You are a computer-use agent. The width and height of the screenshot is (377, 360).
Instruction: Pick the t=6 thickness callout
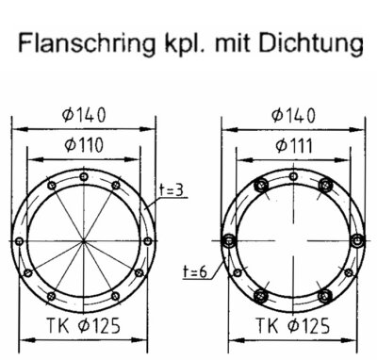[x=194, y=270]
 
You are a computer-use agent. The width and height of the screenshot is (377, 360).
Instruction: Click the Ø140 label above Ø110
[x=83, y=115]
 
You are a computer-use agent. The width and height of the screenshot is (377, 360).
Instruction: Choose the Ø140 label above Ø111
[x=292, y=115]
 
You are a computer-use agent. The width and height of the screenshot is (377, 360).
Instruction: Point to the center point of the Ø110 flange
[x=84, y=240]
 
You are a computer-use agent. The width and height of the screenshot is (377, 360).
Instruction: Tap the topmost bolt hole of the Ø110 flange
[x=84, y=177]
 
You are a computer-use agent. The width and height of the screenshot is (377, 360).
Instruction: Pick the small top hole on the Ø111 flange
[x=292, y=177]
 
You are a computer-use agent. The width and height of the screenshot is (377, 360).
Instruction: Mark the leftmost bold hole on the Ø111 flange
[x=229, y=240]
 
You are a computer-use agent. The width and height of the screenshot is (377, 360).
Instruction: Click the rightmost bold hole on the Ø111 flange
[x=355, y=240]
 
